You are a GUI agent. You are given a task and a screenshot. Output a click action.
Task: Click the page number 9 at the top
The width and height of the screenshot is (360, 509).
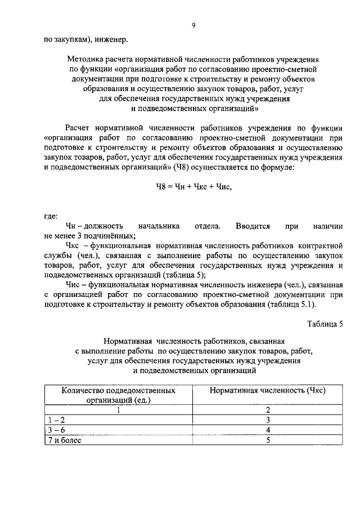pyautogui.click(x=193, y=25)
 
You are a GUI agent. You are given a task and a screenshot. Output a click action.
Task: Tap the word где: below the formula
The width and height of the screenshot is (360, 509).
pyautogui.click(x=51, y=216)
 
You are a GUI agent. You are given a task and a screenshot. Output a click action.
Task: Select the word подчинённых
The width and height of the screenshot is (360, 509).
pyautogui.click(x=110, y=236)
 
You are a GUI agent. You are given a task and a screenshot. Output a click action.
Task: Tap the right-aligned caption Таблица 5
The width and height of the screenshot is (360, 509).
pyautogui.click(x=325, y=325)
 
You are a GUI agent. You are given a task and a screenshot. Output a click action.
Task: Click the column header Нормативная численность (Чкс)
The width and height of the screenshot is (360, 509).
pyautogui.click(x=268, y=390)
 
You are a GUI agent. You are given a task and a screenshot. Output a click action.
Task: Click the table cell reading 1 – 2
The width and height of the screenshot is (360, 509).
pyautogui.click(x=56, y=420)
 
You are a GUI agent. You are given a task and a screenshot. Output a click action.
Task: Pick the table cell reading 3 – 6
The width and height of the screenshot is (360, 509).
pyautogui.click(x=56, y=430)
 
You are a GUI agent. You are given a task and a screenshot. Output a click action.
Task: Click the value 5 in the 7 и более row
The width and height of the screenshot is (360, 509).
pyautogui.click(x=268, y=440)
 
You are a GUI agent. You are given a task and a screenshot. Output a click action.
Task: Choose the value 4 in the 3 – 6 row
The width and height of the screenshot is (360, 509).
pyautogui.click(x=268, y=430)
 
